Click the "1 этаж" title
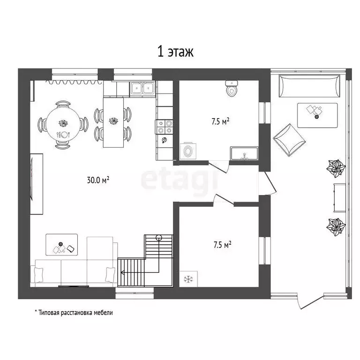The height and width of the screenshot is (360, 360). (x=175, y=52)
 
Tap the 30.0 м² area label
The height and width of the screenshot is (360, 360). (x=98, y=180)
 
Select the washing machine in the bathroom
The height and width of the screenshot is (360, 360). (x=188, y=151)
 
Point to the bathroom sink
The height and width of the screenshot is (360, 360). (x=244, y=153)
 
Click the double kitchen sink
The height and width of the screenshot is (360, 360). (x=142, y=89)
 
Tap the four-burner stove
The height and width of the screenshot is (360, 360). (x=165, y=127)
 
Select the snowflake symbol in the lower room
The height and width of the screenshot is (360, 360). (x=188, y=279)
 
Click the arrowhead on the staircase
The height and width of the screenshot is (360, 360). (x=122, y=272)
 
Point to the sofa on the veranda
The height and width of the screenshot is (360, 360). (x=309, y=86)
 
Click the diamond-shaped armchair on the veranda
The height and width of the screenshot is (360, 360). (x=289, y=140)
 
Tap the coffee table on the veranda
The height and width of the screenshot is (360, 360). (x=317, y=115)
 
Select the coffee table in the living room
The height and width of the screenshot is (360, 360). (x=62, y=245)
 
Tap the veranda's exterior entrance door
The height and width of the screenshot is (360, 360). (x=310, y=301)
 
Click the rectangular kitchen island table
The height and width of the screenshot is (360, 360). (x=113, y=122)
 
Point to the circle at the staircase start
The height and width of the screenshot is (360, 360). (x=158, y=238)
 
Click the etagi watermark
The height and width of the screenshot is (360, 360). (x=180, y=180)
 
